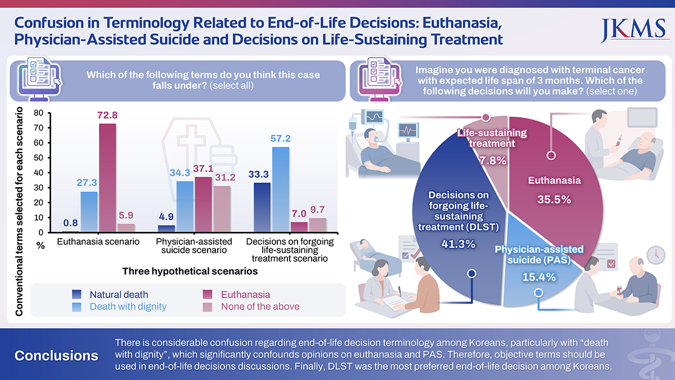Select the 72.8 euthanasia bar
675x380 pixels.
tap(107, 177)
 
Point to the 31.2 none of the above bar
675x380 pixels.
tap(222, 209)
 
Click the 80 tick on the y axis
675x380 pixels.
tap(38, 113)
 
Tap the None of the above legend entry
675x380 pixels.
tap(260, 307)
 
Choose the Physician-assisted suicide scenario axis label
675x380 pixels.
tap(194, 246)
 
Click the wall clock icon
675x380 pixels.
tap(656, 255)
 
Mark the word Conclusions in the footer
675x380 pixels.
tap(56, 356)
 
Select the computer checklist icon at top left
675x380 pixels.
tap(38, 79)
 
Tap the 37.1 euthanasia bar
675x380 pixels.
tap(203, 204)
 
